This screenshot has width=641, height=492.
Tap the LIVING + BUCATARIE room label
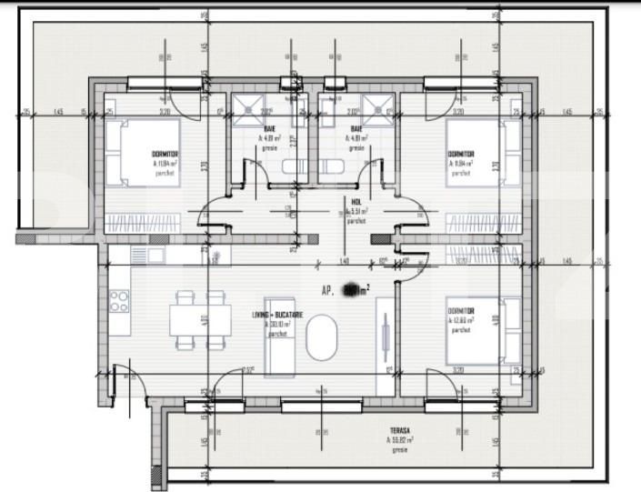[x=277, y=315]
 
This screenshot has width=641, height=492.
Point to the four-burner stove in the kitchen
[x=119, y=300]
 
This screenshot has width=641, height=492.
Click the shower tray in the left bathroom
[x=245, y=108]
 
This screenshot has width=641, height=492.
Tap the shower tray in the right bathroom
[x=375, y=108]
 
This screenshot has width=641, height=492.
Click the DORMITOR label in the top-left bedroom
[x=165, y=155]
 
